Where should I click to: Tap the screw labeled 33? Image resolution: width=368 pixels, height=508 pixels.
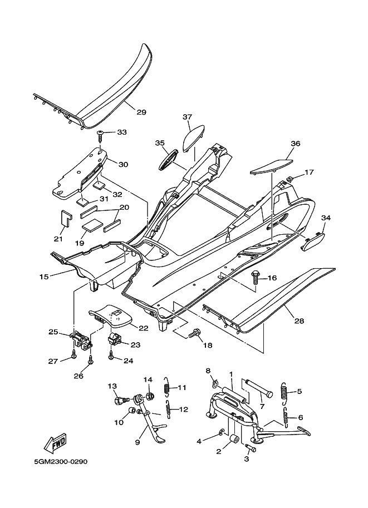101,133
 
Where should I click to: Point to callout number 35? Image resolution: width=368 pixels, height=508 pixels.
160,143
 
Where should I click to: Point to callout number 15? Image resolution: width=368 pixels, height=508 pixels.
44,276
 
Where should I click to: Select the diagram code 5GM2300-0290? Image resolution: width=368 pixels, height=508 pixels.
60,462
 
